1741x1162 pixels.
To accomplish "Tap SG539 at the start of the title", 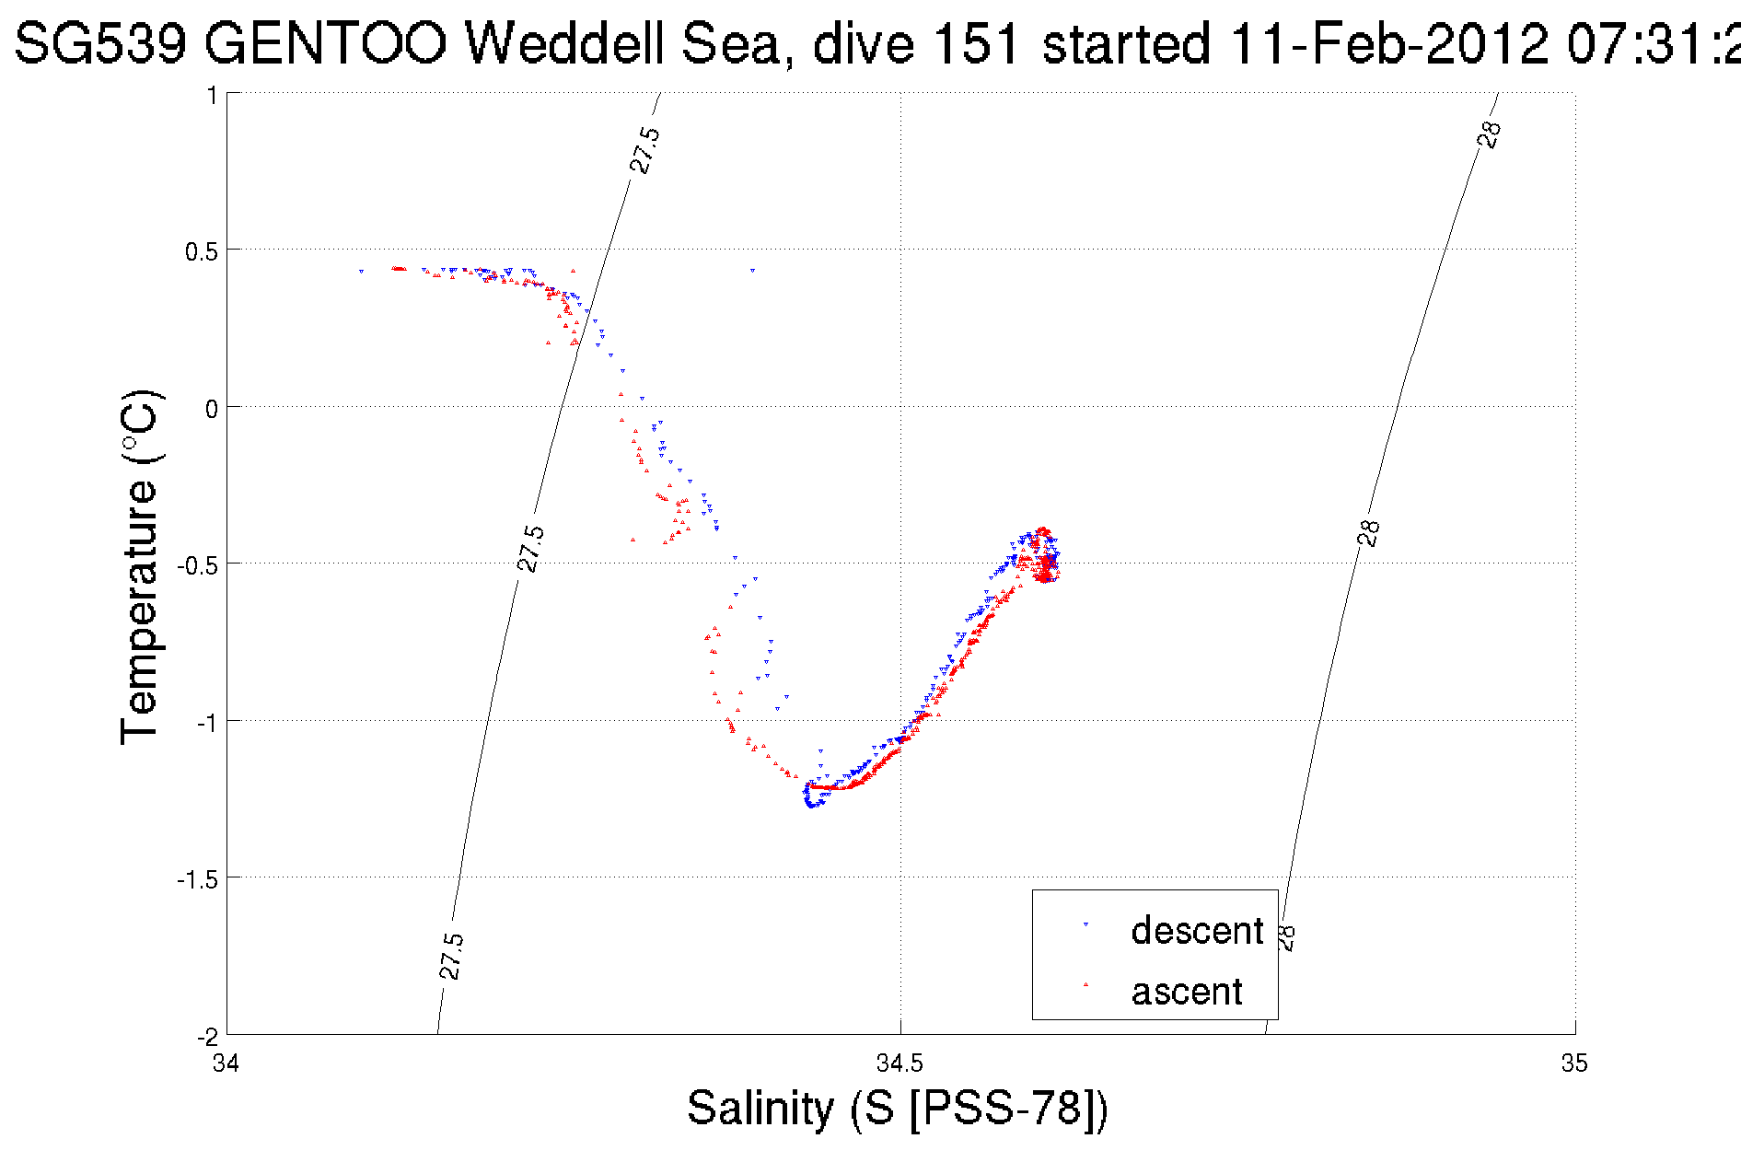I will coord(102,43).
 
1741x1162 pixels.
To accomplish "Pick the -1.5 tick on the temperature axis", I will coord(197,879).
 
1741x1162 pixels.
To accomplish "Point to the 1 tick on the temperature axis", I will coord(212,95).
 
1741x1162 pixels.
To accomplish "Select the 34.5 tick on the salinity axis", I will coord(900,1063).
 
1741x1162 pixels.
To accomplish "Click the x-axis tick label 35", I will coord(1574,1063).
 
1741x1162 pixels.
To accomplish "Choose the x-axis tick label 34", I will coord(226,1063).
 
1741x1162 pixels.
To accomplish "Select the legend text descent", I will coord(1197,931).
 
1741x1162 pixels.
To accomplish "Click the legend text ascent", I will coord(1187,992).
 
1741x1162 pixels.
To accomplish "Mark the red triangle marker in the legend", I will coord(1086,984).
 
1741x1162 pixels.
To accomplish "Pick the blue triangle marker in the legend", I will coord(1086,924).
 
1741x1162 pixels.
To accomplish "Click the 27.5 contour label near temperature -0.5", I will coord(531,549).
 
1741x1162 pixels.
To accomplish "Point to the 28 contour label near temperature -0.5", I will coord(1369,533).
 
